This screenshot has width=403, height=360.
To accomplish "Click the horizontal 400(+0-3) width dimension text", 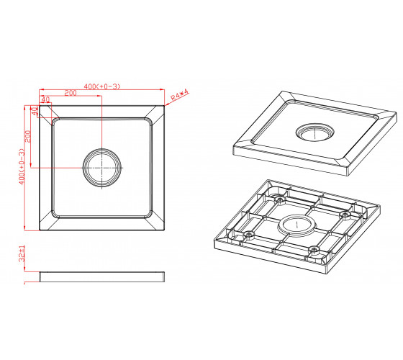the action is point(102,86).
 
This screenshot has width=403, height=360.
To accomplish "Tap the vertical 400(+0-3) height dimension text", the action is point(22,166).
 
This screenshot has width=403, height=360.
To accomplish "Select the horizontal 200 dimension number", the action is point(71,93).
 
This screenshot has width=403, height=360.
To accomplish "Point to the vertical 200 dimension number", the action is point(27,136).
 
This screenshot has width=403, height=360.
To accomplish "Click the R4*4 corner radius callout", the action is point(180,94).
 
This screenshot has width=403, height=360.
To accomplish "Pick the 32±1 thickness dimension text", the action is point(22,253).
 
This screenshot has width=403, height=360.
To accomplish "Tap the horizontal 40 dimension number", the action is point(45,99).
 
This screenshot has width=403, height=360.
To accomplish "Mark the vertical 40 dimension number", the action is point(35,111).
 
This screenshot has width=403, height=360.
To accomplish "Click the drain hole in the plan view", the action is point(102,168).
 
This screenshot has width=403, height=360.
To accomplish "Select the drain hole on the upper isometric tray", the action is point(315,132).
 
